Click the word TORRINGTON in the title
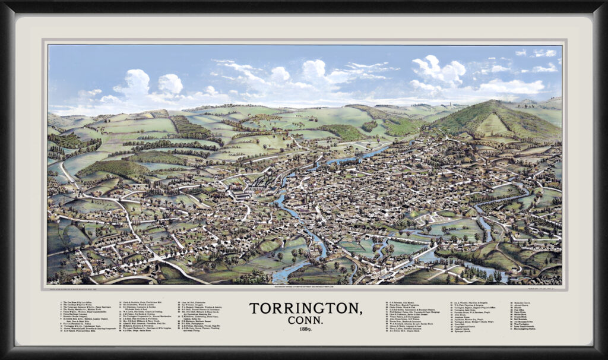(305, 309)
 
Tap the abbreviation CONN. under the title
(305, 321)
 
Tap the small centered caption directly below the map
(304, 288)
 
